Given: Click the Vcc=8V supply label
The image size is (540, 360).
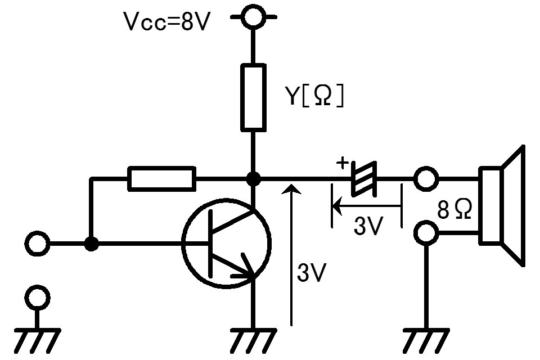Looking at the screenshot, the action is (x=166, y=22).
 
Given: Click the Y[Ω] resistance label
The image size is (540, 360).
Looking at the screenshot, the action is (x=314, y=96).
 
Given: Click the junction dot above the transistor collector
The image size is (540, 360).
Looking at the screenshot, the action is (x=254, y=179).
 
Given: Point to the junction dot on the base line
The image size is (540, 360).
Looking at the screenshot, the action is (x=91, y=244).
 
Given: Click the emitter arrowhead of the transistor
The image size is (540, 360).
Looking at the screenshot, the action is (x=247, y=268).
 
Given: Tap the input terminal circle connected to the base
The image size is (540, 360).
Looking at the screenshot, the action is (x=37, y=244).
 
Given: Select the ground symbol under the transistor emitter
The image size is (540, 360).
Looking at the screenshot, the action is (x=253, y=340).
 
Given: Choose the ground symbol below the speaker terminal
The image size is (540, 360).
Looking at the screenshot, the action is (x=426, y=340).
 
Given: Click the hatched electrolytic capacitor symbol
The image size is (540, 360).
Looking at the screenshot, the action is (x=364, y=179).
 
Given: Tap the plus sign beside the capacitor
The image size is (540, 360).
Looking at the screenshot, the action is (x=342, y=163).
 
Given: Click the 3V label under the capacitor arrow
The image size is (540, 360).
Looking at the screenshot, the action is (x=368, y=226).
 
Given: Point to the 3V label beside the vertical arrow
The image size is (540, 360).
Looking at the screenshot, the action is (x=311, y=273).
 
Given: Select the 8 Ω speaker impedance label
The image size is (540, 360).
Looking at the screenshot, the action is (x=454, y=209).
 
